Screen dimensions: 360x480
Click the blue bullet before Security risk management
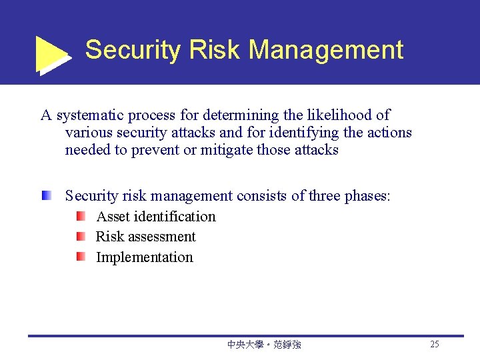tap(46, 196)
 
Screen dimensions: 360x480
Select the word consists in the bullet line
tap(261, 196)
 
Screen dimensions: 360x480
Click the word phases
tap(367, 196)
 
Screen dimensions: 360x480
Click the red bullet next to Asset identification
tap(80, 216)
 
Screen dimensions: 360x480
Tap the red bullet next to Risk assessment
tap(80, 236)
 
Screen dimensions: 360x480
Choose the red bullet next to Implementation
tap(80, 257)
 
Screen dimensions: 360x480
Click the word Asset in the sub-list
tap(113, 217)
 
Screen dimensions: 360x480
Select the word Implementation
tap(145, 257)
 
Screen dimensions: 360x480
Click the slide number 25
tap(435, 345)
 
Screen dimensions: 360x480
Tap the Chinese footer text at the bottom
tap(264, 345)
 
